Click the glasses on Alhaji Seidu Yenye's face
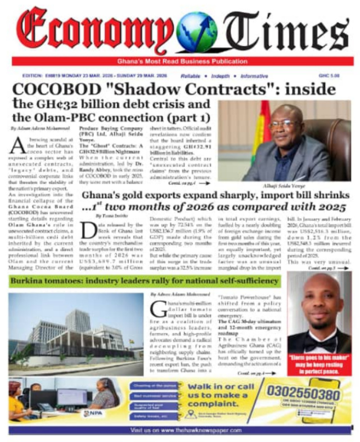click(285, 124)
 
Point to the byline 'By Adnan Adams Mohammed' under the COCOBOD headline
click(38, 129)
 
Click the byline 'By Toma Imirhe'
click(110, 216)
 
